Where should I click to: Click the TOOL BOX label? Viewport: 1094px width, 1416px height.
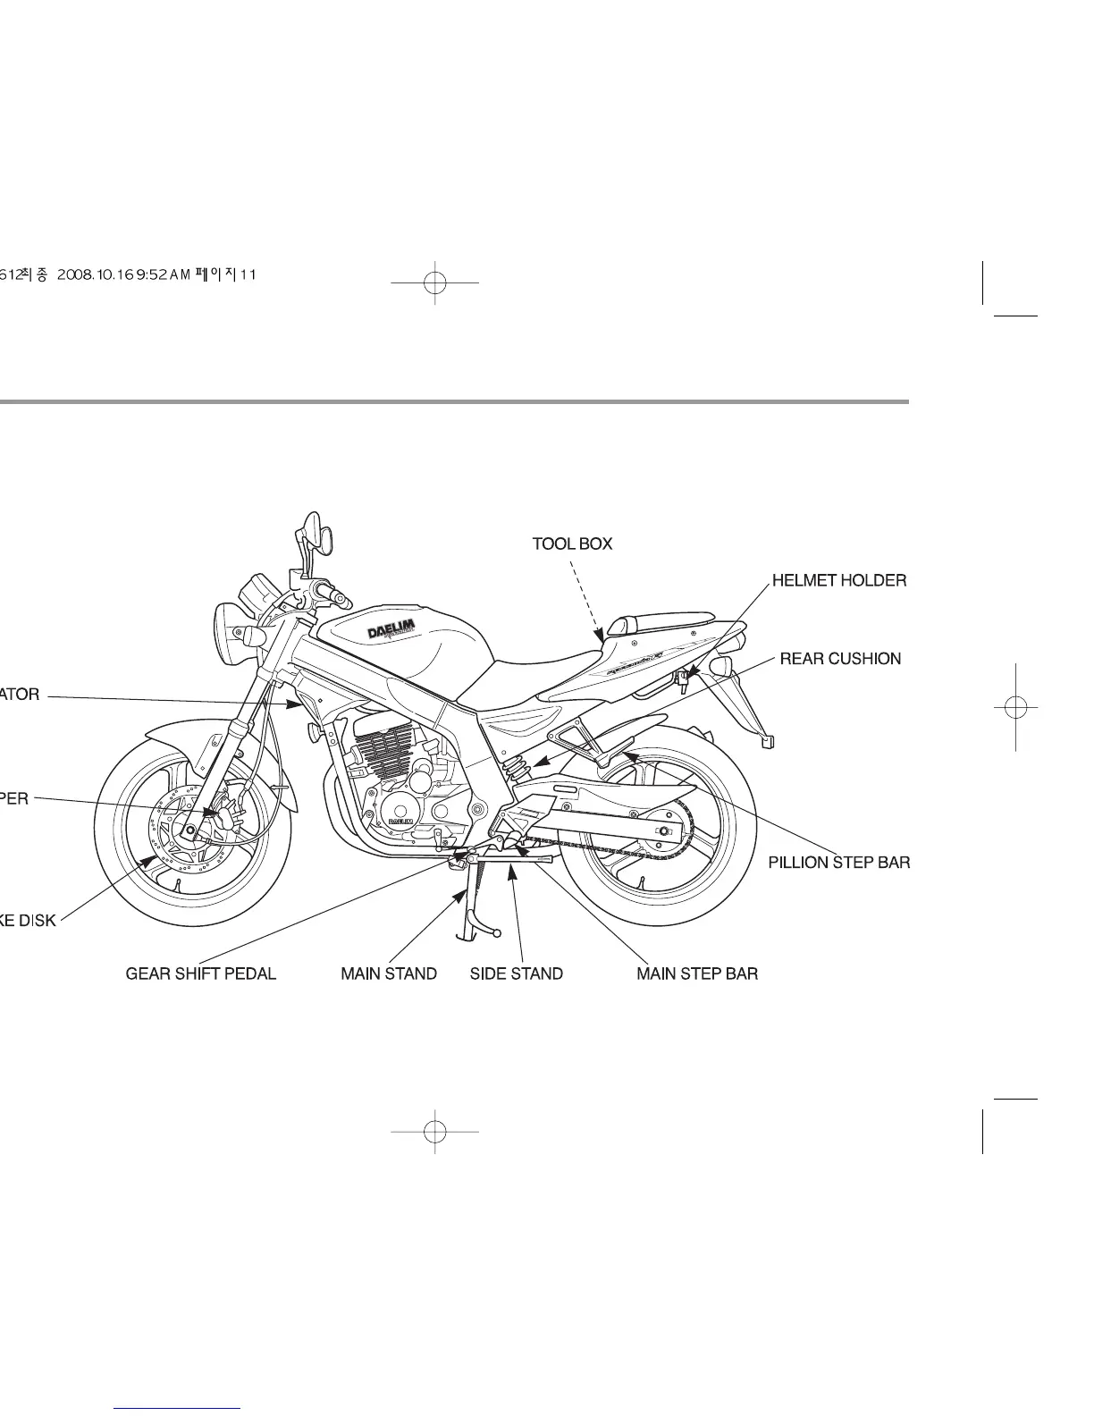click(x=572, y=544)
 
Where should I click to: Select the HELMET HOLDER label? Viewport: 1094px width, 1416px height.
click(x=839, y=581)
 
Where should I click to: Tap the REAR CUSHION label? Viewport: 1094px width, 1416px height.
click(x=840, y=659)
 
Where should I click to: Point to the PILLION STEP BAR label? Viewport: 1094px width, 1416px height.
click(x=839, y=863)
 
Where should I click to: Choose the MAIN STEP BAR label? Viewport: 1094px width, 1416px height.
click(x=697, y=973)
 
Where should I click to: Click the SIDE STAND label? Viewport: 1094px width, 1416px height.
click(x=517, y=973)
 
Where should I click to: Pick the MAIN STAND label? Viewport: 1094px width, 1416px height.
click(x=389, y=973)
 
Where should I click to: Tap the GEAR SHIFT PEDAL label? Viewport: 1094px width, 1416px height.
click(x=201, y=973)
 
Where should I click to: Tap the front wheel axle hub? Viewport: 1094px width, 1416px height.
click(x=189, y=830)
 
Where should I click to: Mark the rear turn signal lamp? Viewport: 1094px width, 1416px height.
click(x=720, y=667)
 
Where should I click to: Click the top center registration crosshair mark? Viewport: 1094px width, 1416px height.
click(x=434, y=282)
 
